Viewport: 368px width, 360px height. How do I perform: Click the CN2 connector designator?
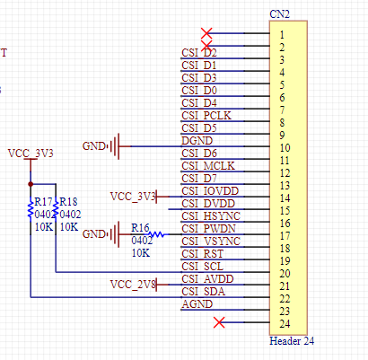pyautogui.click(x=279, y=14)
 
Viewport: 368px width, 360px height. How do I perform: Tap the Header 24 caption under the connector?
pyautogui.click(x=292, y=341)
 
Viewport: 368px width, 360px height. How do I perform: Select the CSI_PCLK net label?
pyautogui.click(x=206, y=116)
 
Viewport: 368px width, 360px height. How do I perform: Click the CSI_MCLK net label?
pyautogui.click(x=208, y=166)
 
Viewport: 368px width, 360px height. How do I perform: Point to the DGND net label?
pyautogui.click(x=197, y=141)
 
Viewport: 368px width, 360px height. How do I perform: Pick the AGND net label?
pyautogui.click(x=197, y=304)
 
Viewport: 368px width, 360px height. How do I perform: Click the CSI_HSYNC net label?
pyautogui.click(x=211, y=216)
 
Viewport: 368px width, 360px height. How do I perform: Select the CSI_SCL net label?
pyautogui.click(x=202, y=267)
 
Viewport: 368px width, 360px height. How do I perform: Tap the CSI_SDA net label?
pyautogui.click(x=203, y=292)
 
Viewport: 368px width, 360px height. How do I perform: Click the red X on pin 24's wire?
pyautogui.click(x=219, y=322)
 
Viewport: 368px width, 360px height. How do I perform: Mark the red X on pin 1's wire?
pyautogui.click(x=206, y=33)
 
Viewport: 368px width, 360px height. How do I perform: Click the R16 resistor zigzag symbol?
pyautogui.click(x=157, y=234)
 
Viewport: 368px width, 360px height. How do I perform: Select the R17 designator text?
pyautogui.click(x=44, y=202)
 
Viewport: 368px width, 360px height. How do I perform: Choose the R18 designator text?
pyautogui.click(x=69, y=202)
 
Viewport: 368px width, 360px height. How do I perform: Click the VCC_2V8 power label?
pyautogui.click(x=133, y=285)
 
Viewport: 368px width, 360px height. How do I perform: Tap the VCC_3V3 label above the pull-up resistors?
pyautogui.click(x=31, y=154)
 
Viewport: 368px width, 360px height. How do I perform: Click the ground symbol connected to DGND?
pyautogui.click(x=115, y=146)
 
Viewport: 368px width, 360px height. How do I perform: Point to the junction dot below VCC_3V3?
pyautogui.click(x=31, y=184)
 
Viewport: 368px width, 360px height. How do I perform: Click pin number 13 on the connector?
pyautogui.click(x=285, y=186)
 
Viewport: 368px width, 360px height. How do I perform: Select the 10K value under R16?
pyautogui.click(x=141, y=253)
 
